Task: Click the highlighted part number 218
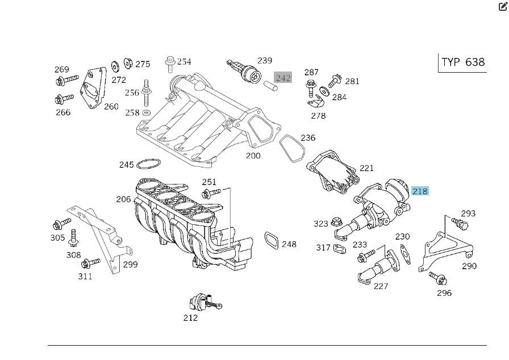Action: [x=420, y=191]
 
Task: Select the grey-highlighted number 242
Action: [x=283, y=77]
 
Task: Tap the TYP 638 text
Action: [x=463, y=62]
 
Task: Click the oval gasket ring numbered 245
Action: [x=148, y=165]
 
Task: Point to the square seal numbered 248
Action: [x=272, y=240]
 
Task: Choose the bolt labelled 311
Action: [x=90, y=263]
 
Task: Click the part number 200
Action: [x=253, y=155]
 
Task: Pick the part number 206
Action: [x=123, y=199]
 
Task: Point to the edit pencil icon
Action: [x=503, y=7]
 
